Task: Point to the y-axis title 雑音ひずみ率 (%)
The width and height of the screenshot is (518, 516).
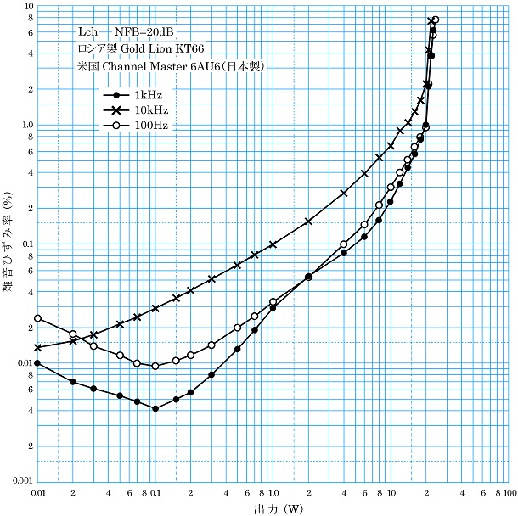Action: click(x=8, y=244)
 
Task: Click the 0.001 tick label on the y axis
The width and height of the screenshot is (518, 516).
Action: click(x=20, y=481)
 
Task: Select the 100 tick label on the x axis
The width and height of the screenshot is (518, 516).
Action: click(x=508, y=492)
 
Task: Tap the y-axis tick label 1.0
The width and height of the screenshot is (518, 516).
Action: click(x=25, y=125)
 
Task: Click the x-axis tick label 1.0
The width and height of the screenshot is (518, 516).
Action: click(x=273, y=492)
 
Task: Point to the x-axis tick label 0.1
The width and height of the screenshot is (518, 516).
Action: click(x=155, y=492)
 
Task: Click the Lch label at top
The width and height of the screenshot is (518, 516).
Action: click(x=87, y=32)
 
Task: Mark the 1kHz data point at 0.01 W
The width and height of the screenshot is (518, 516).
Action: click(x=37, y=363)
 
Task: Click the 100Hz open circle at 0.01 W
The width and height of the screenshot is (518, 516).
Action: click(x=37, y=318)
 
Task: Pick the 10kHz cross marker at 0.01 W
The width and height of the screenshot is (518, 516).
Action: click(x=37, y=347)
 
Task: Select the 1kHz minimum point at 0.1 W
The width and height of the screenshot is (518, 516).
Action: click(x=155, y=408)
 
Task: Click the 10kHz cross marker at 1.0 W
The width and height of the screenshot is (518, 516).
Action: click(x=273, y=244)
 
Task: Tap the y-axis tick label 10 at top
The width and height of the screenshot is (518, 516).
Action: click(x=28, y=7)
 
